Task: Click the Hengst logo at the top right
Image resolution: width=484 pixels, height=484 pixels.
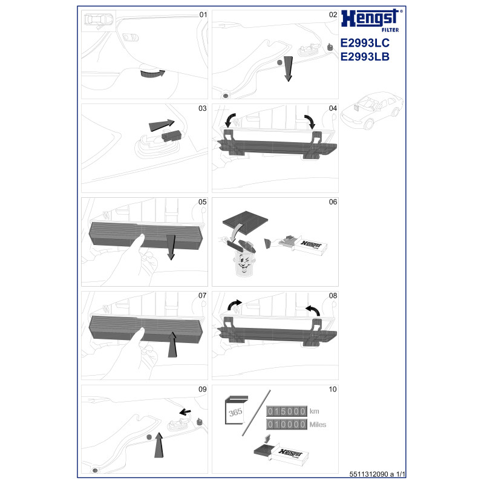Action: click(x=371, y=20)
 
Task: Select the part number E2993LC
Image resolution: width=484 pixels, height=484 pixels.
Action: click(x=365, y=43)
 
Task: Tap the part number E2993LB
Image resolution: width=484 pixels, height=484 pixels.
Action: click(x=365, y=57)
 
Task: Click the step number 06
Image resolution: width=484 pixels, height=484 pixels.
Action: click(x=333, y=202)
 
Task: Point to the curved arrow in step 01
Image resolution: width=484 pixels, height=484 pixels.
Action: click(x=152, y=74)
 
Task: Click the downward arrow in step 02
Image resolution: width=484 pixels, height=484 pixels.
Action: click(x=288, y=68)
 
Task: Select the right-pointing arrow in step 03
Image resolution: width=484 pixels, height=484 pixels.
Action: click(x=162, y=125)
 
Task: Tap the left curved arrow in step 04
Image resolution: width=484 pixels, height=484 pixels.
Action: click(x=230, y=120)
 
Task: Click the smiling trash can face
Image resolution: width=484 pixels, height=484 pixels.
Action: click(x=244, y=263)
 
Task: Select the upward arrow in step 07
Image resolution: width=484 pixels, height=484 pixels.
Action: click(x=172, y=344)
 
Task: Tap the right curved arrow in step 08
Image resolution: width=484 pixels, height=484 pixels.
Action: click(x=313, y=310)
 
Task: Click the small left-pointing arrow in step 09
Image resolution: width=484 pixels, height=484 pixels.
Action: click(x=185, y=412)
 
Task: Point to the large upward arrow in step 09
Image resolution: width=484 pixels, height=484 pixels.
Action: click(x=159, y=445)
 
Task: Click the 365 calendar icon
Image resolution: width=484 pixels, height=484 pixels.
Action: click(x=236, y=410)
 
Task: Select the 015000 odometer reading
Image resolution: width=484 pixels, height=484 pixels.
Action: click(x=286, y=411)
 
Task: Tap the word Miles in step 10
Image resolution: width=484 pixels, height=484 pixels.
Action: click(x=318, y=425)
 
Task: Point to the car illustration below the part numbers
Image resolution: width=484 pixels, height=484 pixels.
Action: click(x=371, y=110)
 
